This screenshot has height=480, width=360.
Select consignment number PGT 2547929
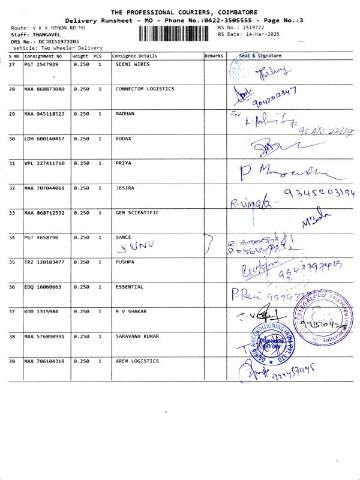41,64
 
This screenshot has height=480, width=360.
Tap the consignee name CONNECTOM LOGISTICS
145,89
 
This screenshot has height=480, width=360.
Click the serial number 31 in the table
13,163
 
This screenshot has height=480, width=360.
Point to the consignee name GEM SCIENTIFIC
137,213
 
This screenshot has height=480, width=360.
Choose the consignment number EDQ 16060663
43,287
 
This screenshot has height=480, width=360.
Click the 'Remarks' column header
214,56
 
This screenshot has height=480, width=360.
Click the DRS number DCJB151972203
58,41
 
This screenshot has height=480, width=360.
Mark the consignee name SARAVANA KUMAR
137,337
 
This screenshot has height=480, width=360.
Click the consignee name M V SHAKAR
130,312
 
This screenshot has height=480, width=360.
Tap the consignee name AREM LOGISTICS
137,361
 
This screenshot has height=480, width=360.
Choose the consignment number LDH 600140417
44,139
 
